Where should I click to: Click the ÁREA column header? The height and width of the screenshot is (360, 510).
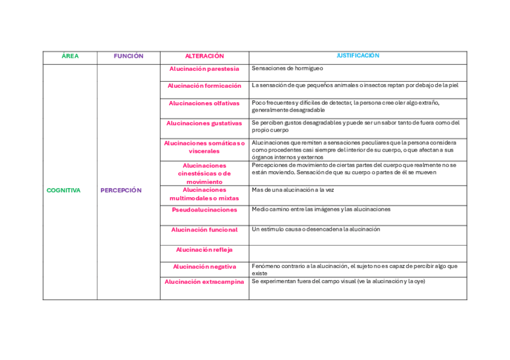click(x=70, y=56)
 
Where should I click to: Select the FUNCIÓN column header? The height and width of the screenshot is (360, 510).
click(x=129, y=56)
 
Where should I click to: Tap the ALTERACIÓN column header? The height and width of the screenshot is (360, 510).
click(x=204, y=56)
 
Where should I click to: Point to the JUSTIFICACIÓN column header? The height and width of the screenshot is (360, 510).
click(x=358, y=56)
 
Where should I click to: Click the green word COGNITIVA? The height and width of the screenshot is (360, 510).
click(x=63, y=191)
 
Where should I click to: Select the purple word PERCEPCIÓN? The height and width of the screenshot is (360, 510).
click(x=121, y=191)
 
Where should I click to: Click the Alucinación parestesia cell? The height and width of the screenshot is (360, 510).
click(x=204, y=69)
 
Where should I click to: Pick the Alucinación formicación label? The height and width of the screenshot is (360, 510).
click(x=204, y=86)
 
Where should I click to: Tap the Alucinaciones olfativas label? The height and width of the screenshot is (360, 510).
click(x=204, y=103)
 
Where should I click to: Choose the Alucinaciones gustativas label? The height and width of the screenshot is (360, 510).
click(x=204, y=123)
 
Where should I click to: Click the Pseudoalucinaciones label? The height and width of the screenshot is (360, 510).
click(x=204, y=210)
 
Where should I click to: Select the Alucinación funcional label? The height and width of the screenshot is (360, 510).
click(x=204, y=230)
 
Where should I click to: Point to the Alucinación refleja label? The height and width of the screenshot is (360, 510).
click(x=204, y=250)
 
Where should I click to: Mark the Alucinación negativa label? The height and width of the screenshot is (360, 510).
click(x=204, y=267)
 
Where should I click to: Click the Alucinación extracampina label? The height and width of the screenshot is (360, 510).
click(x=204, y=282)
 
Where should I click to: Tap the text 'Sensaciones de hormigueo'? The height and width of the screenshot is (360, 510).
click(x=287, y=69)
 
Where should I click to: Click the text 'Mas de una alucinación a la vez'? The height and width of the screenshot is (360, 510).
click(x=293, y=190)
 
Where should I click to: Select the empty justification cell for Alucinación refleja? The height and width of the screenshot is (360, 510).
click(x=358, y=253)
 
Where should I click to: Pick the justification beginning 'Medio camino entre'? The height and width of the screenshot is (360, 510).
click(x=321, y=210)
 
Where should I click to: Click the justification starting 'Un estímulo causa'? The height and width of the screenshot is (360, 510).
click(x=316, y=230)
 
